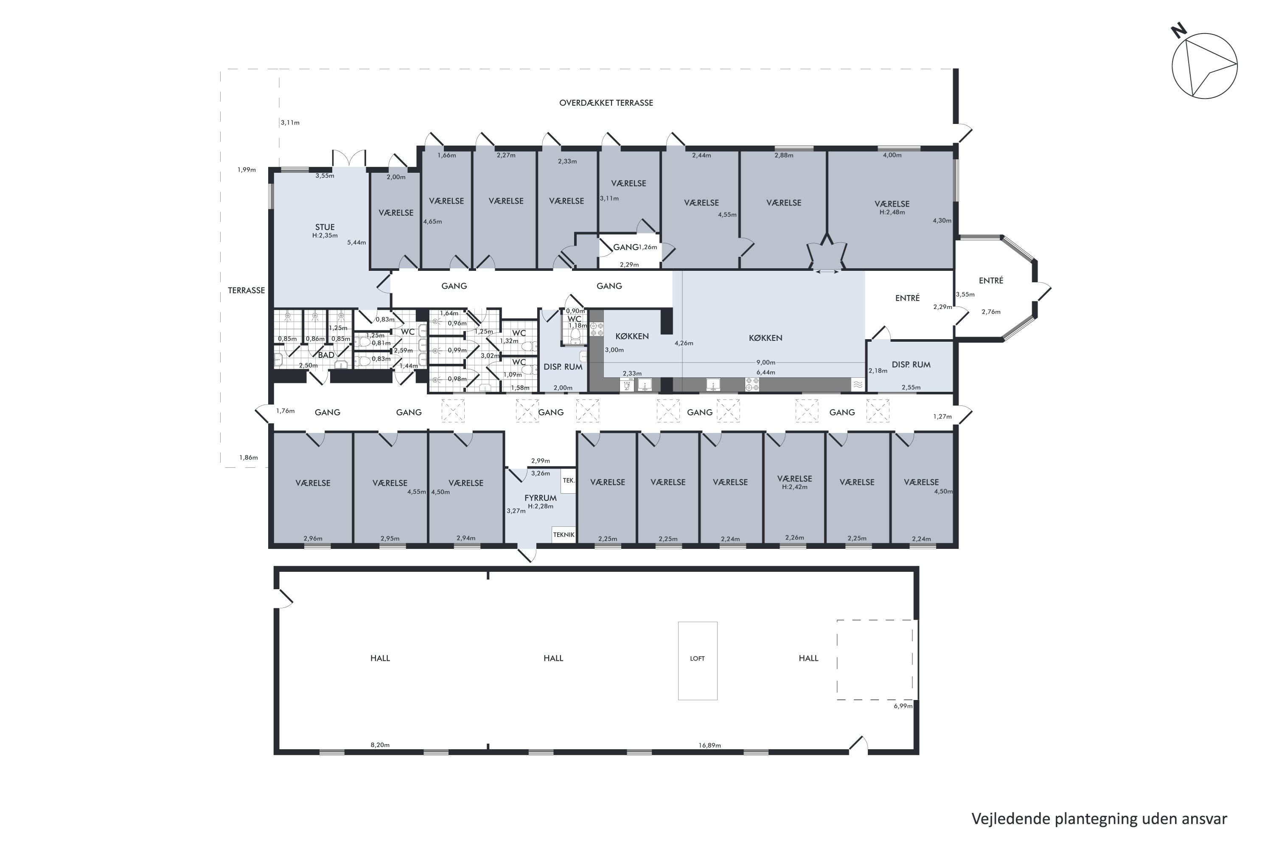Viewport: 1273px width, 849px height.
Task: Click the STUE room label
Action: [x=325, y=227]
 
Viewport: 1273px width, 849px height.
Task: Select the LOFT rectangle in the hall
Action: [x=697, y=661]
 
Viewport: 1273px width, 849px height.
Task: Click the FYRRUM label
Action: [x=540, y=498]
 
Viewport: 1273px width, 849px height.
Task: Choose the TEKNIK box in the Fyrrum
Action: [x=564, y=535]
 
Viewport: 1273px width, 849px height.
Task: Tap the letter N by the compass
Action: [x=1179, y=31]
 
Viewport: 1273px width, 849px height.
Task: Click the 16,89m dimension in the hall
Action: [x=709, y=745]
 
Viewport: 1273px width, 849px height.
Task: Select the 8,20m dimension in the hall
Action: [x=380, y=745]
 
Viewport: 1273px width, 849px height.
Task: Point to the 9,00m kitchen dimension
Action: [x=766, y=362]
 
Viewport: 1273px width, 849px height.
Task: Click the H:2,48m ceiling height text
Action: [x=892, y=212]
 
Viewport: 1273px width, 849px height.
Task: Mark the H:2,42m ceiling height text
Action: [x=794, y=487]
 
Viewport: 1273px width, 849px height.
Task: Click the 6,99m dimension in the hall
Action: [x=903, y=706]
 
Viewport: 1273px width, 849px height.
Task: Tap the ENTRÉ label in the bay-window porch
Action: [x=991, y=281]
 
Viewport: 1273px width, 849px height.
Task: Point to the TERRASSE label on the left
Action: [x=246, y=290]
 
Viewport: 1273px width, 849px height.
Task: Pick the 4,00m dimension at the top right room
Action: [x=892, y=155]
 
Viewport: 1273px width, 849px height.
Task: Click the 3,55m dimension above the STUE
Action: [x=325, y=175]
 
